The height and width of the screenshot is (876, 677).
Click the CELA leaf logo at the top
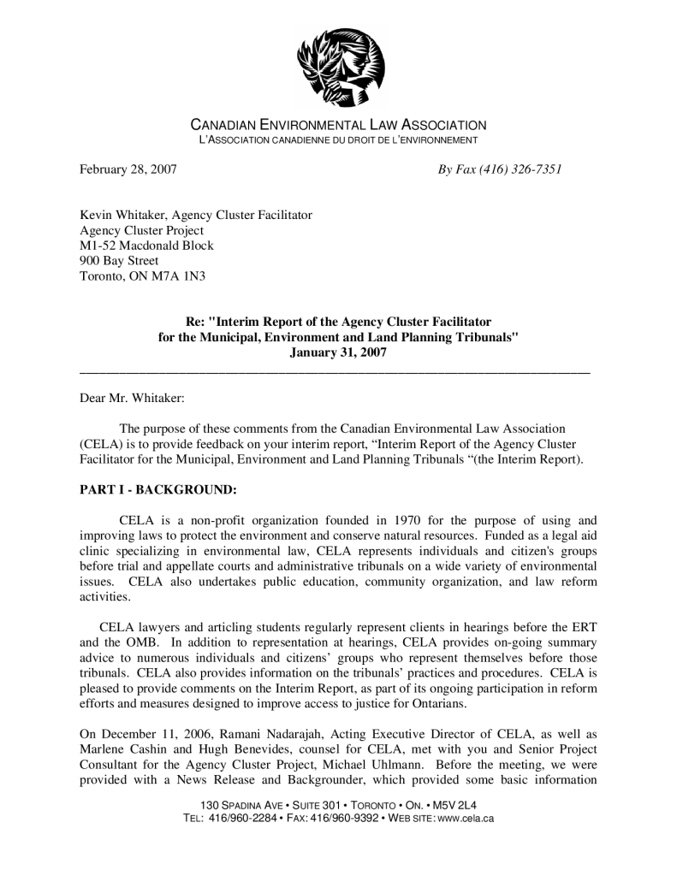pos(340,66)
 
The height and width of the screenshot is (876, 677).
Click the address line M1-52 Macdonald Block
pos(146,246)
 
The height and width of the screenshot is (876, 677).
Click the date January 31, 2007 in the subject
pos(338,352)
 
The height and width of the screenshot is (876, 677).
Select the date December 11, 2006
pos(151,734)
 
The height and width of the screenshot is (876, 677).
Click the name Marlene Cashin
pos(119,749)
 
